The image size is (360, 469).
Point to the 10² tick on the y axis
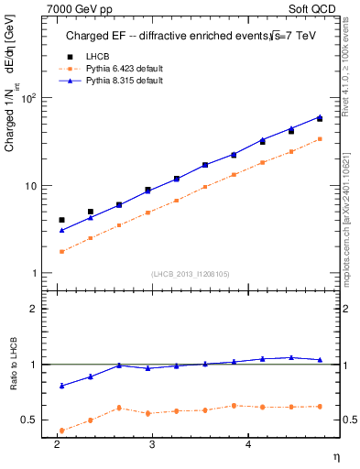[30, 98]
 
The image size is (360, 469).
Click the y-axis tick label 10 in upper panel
[33, 186]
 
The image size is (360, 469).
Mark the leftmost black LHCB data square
[61, 220]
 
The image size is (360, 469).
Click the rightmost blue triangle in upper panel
[320, 116]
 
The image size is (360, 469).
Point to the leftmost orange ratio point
[61, 430]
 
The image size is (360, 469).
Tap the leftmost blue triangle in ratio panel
[61, 386]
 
